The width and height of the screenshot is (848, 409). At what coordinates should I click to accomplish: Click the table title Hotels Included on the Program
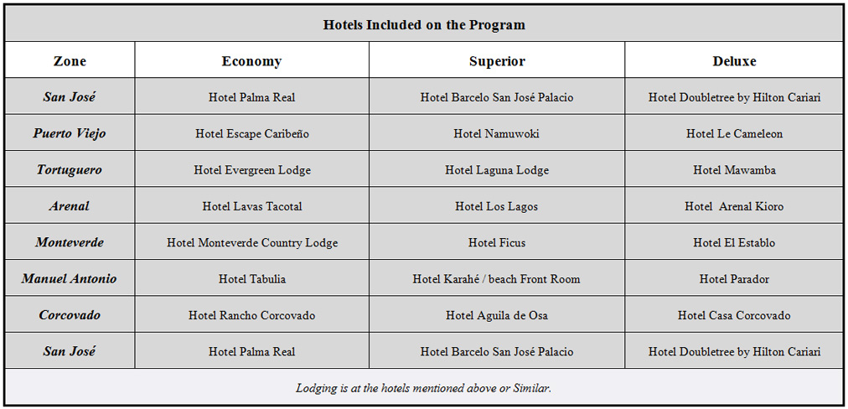click(424, 24)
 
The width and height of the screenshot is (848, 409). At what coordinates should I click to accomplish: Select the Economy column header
click(251, 61)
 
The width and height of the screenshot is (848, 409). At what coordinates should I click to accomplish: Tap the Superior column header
click(497, 61)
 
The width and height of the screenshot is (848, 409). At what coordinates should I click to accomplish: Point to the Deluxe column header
click(734, 61)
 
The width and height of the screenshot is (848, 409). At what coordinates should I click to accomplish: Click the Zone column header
click(70, 61)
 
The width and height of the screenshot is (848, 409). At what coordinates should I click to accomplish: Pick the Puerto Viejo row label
click(70, 133)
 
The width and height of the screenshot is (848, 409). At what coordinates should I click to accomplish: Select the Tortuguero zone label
click(70, 169)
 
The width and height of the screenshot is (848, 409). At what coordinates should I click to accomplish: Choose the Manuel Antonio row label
click(70, 278)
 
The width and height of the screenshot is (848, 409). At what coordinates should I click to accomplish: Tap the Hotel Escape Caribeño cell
click(251, 133)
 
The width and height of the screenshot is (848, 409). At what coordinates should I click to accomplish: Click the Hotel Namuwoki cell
click(497, 133)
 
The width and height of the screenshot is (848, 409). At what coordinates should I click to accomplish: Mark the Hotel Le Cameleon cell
click(734, 133)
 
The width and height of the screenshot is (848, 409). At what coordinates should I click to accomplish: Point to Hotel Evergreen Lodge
click(251, 170)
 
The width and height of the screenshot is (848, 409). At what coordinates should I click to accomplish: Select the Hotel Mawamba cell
click(734, 170)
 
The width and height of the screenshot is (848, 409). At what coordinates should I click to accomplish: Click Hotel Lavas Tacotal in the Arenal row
click(251, 206)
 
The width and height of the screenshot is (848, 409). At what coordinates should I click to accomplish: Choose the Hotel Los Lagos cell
click(497, 206)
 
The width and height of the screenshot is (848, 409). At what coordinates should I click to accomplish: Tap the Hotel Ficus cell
click(497, 243)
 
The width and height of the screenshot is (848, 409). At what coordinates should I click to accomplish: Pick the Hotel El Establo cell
click(734, 243)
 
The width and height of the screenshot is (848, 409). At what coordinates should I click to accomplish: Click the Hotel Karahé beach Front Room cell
click(497, 279)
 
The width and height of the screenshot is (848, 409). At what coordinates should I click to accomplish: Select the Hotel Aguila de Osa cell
click(497, 315)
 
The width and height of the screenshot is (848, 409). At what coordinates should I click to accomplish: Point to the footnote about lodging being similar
click(424, 388)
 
